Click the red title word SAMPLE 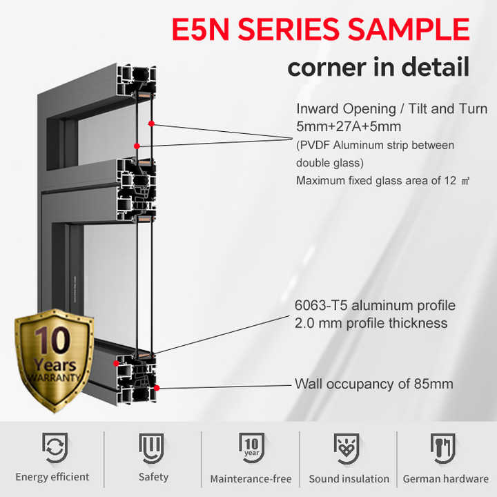tap(409, 29)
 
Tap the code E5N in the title tap(200, 29)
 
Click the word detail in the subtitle tap(435, 67)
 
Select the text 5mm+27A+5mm tap(349, 126)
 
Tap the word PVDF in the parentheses tap(315, 145)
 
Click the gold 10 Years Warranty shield tap(55, 360)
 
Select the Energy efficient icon tap(55, 447)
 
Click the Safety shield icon tap(151, 448)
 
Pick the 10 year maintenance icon tap(252, 447)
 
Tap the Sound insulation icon tap(347, 448)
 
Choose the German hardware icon tap(443, 448)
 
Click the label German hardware tap(446, 478)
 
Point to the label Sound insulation tap(349, 478)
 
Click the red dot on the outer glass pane tap(151, 124)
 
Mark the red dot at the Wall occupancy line tap(157, 388)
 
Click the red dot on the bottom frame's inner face tap(117, 363)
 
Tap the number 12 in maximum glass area tap(450, 180)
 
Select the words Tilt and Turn tap(448, 109)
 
